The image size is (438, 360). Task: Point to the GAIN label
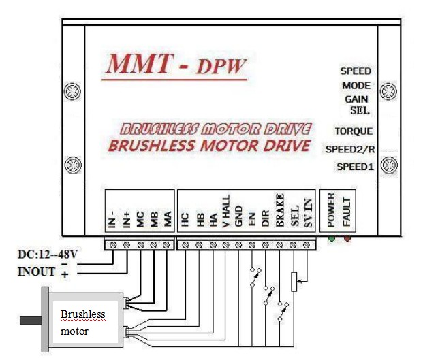pos(356,99)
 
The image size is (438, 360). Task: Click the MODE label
pos(356,86)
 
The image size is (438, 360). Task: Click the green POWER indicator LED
pos(332,238)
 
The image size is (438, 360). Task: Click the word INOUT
pos(38,273)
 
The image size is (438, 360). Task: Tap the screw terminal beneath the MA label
pos(168,243)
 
